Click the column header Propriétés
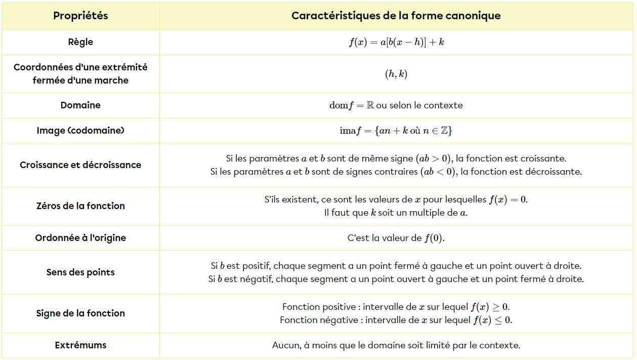(80, 16)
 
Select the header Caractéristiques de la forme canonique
(396, 16)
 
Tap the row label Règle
(80, 42)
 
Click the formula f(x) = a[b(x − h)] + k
(396, 43)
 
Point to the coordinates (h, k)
(396, 74)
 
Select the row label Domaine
(80, 105)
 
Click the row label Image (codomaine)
(80, 131)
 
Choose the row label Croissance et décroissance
(80, 165)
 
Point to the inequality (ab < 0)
(440, 172)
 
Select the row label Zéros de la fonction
(80, 206)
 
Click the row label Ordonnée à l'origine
(80, 238)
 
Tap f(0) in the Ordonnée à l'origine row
(434, 238)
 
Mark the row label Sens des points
(80, 272)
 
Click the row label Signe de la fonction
(80, 313)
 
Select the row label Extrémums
(80, 345)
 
